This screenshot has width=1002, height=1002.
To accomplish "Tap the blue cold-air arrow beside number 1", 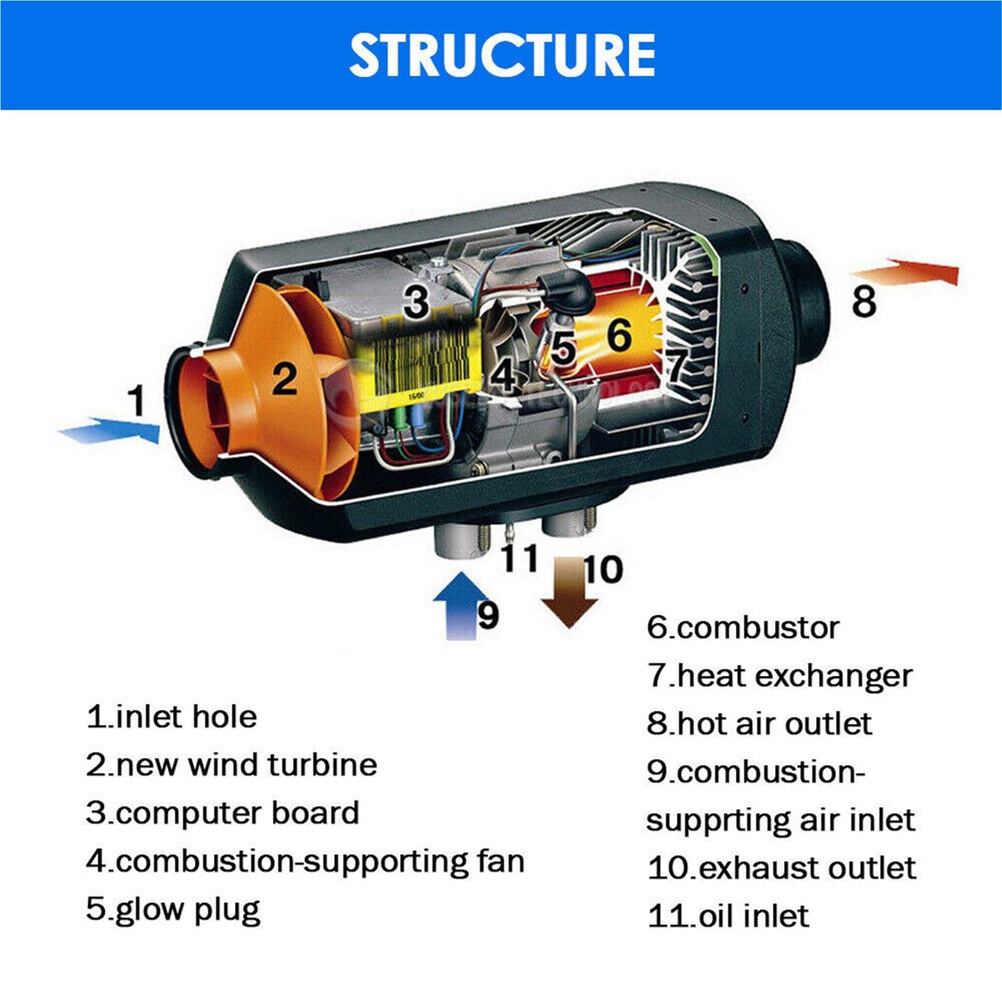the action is pyautogui.click(x=109, y=430).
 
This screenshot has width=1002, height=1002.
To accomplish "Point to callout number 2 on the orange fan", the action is pyautogui.click(x=285, y=378).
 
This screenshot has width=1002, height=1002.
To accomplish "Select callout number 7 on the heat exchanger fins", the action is pyautogui.click(x=676, y=363).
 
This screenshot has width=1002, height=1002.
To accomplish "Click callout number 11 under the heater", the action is pyautogui.click(x=520, y=557).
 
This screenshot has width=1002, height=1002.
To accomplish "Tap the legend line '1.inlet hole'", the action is pyautogui.click(x=172, y=717).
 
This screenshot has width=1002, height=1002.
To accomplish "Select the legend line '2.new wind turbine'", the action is pyautogui.click(x=232, y=765).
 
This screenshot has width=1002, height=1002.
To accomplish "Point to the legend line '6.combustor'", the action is pyautogui.click(x=743, y=628).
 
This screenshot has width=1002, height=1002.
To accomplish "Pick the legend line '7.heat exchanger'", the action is pyautogui.click(x=780, y=676).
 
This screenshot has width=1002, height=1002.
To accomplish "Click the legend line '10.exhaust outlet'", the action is pyautogui.click(x=782, y=868).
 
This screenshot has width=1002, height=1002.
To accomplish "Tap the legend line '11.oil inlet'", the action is pyautogui.click(x=728, y=916).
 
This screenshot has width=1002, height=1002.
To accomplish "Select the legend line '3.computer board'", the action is pyautogui.click(x=223, y=813).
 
